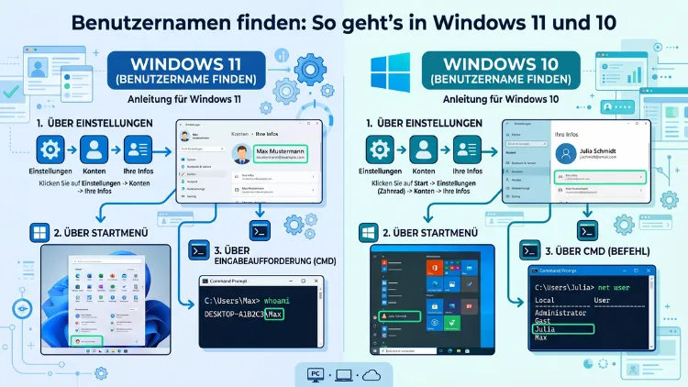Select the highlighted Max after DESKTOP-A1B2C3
295,315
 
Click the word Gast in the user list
543,320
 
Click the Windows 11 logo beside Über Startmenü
40,232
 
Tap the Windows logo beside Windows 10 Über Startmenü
368,232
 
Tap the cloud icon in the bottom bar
372,374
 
